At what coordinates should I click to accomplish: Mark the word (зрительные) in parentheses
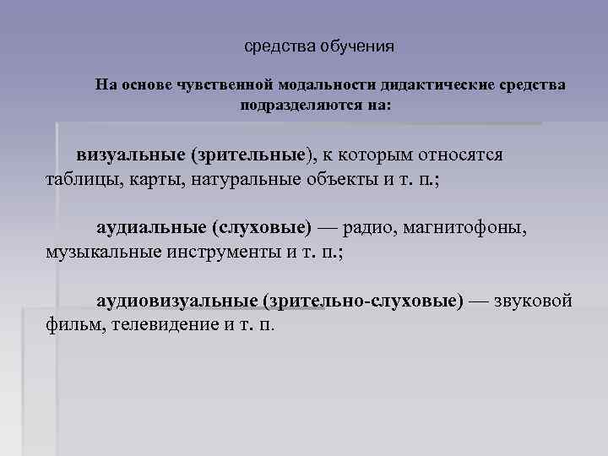pos(251,155)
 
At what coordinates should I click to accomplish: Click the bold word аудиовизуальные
pos(176,301)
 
